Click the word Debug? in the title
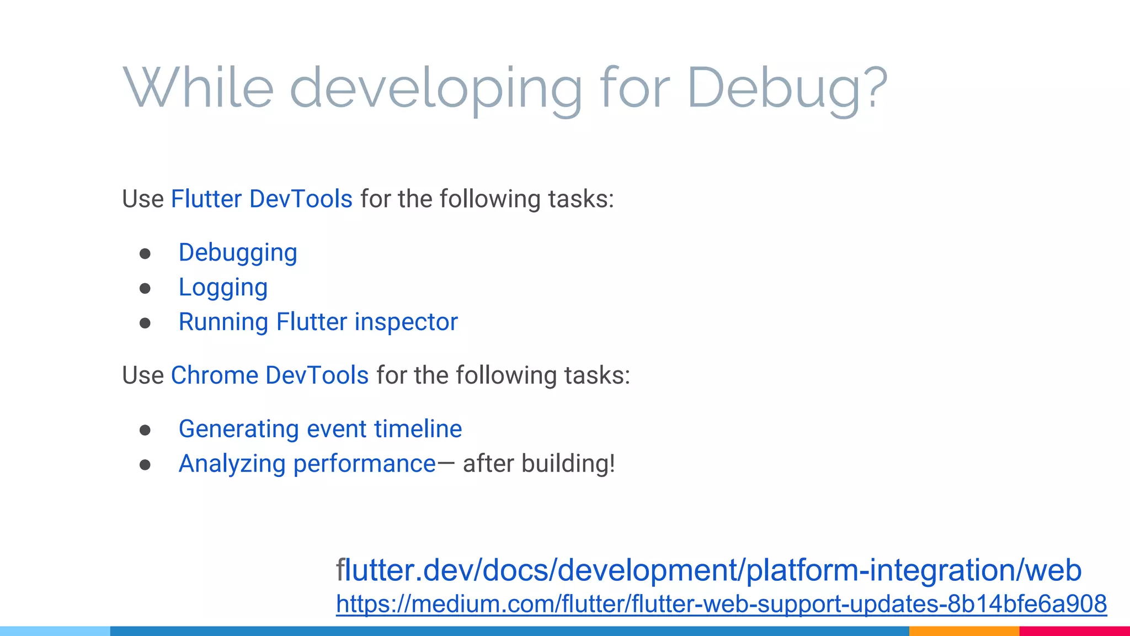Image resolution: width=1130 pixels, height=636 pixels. [x=787, y=88]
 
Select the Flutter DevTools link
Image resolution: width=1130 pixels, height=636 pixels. [x=262, y=199]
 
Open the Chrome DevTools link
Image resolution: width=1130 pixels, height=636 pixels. [x=270, y=375]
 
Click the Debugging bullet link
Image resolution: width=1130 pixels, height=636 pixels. [x=238, y=253]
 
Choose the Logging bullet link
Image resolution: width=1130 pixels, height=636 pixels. [x=223, y=288]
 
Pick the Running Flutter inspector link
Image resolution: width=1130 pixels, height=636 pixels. [x=318, y=322]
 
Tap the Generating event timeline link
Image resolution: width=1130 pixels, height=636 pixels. [x=320, y=430]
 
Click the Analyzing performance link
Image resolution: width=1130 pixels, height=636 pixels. [x=307, y=464]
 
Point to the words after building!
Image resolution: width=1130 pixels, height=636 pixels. [x=539, y=464]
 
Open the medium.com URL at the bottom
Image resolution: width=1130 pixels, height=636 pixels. [x=721, y=604]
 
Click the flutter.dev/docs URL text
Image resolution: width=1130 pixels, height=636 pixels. [x=708, y=570]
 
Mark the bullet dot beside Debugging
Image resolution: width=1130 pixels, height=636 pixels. [x=145, y=254]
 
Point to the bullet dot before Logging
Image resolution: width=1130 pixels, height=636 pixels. [x=145, y=289]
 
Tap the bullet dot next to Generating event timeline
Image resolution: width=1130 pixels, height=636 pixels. [x=145, y=430]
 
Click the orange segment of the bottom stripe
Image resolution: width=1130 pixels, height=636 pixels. [x=964, y=631]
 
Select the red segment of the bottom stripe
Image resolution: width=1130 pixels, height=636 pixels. [x=1074, y=631]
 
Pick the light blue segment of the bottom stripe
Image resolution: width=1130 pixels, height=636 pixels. [x=55, y=631]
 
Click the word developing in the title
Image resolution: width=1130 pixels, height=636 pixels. [x=436, y=88]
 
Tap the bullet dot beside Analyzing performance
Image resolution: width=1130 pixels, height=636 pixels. [x=145, y=465]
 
